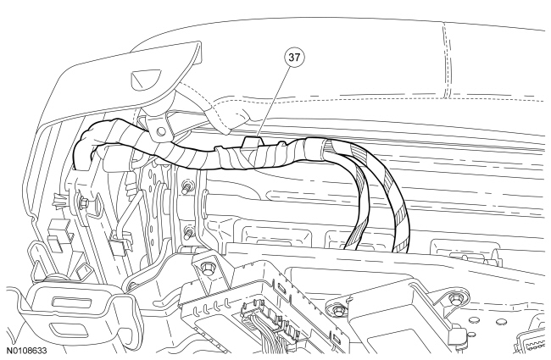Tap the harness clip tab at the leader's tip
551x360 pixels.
pos(253,133)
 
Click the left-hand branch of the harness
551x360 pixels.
pos(361,203)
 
